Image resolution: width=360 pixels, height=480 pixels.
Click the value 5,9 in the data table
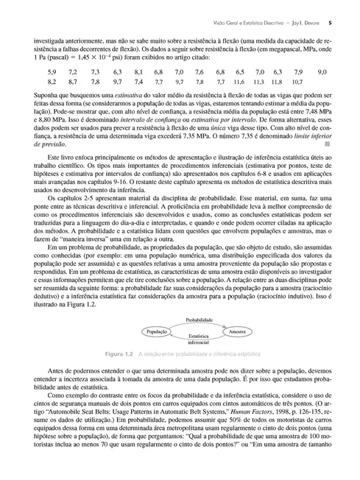[52, 72]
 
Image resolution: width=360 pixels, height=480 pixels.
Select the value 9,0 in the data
[322, 72]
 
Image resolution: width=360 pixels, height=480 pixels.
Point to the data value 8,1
[138, 72]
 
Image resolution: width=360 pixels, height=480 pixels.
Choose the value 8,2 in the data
[52, 84]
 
